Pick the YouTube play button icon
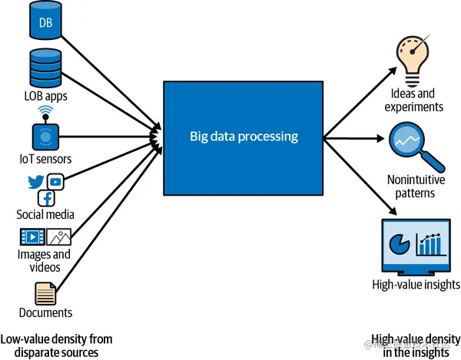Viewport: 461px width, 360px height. (x=55, y=181)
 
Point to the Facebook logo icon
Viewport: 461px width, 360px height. (x=46, y=199)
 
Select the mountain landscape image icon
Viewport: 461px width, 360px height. (x=58, y=237)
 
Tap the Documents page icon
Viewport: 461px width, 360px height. (x=45, y=293)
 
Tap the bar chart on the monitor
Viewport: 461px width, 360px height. (x=431, y=244)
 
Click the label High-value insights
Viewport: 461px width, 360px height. (x=416, y=285)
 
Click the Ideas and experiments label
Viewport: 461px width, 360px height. (x=416, y=101)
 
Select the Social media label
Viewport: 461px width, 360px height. (x=45, y=215)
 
